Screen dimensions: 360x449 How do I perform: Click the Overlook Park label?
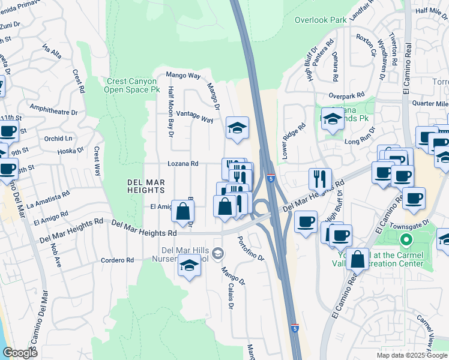[320, 20]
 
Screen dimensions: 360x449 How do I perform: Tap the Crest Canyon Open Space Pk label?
[133, 86]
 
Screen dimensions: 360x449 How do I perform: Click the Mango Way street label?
[183, 76]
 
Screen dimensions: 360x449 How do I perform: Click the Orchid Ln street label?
[58, 139]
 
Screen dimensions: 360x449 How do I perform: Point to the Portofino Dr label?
[250, 245]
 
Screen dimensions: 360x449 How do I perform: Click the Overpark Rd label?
[347, 95]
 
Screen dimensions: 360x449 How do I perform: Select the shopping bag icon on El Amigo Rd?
[183, 211]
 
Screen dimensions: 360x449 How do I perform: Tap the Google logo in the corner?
[20, 353]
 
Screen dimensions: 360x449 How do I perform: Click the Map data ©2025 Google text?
[412, 355]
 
